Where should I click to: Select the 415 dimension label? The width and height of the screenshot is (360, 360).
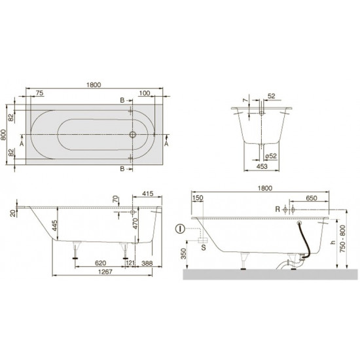(147, 194)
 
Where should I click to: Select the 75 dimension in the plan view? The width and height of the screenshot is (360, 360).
(41, 94)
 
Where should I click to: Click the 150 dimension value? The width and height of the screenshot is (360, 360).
(198, 197)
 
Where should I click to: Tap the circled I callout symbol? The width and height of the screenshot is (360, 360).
(180, 229)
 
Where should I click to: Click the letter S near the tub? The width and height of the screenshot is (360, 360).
(204, 248)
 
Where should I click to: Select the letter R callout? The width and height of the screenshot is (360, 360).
(278, 209)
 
